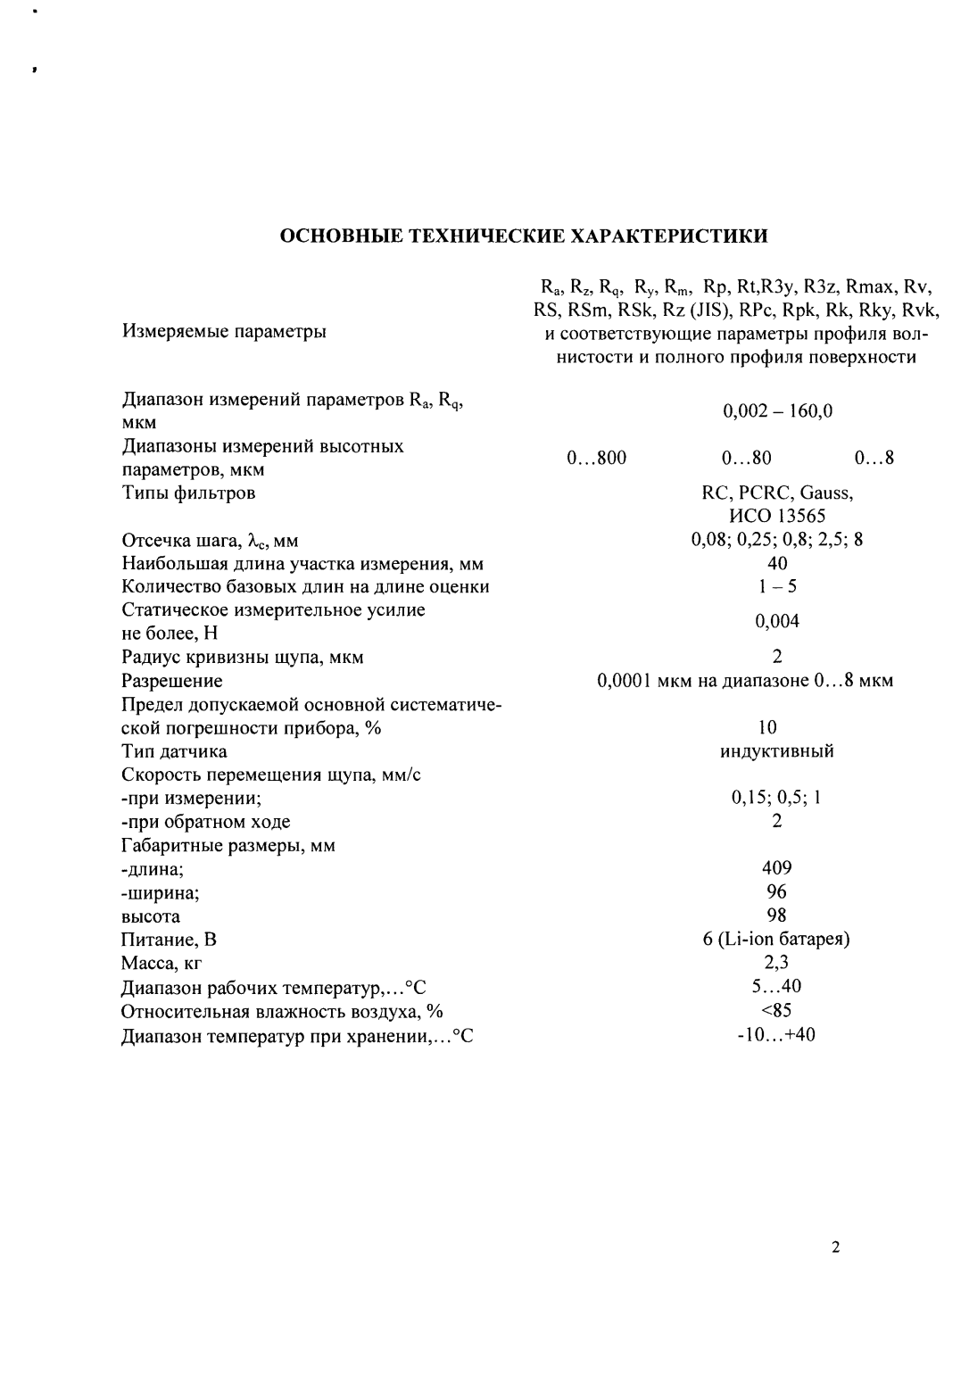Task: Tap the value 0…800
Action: [x=596, y=459]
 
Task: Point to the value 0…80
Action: [x=746, y=459]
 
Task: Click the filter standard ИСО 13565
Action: [x=777, y=516]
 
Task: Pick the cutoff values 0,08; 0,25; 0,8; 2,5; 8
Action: [x=777, y=540]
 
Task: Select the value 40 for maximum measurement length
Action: [x=777, y=563]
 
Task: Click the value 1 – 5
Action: [x=777, y=586]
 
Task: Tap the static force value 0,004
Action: [x=777, y=621]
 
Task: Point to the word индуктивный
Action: [x=777, y=750]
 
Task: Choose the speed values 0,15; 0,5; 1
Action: [x=777, y=798]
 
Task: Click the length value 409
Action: [x=777, y=868]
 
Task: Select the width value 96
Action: [x=777, y=891]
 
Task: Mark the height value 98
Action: [x=777, y=915]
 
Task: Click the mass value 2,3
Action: [x=777, y=962]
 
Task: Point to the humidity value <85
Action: [x=777, y=1010]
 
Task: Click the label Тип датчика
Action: [x=174, y=751]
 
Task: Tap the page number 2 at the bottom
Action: [x=835, y=1248]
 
